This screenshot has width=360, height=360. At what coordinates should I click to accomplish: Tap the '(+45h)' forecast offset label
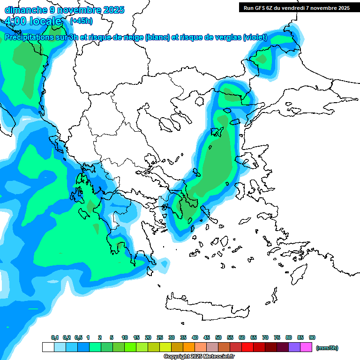81,21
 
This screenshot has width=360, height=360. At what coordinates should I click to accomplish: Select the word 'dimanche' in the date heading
24,9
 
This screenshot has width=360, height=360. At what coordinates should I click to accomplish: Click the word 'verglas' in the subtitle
226,37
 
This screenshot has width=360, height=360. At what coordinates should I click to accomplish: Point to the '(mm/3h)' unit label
327,348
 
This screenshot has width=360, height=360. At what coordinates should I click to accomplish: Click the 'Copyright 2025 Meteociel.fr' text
199,357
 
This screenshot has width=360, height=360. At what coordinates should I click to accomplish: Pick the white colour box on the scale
48,347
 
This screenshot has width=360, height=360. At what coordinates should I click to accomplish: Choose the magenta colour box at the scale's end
306,347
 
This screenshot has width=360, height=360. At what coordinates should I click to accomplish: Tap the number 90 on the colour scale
312,337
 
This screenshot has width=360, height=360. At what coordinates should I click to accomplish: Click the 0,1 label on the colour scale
54,337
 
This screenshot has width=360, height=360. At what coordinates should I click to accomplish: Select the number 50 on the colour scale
218,337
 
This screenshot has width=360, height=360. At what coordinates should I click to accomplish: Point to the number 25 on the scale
160,337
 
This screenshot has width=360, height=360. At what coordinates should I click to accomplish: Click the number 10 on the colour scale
125,337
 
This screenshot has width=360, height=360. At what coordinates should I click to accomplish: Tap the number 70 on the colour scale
265,337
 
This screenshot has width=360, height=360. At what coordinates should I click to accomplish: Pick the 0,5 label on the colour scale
78,337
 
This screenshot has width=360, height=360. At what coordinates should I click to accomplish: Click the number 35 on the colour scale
183,337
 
